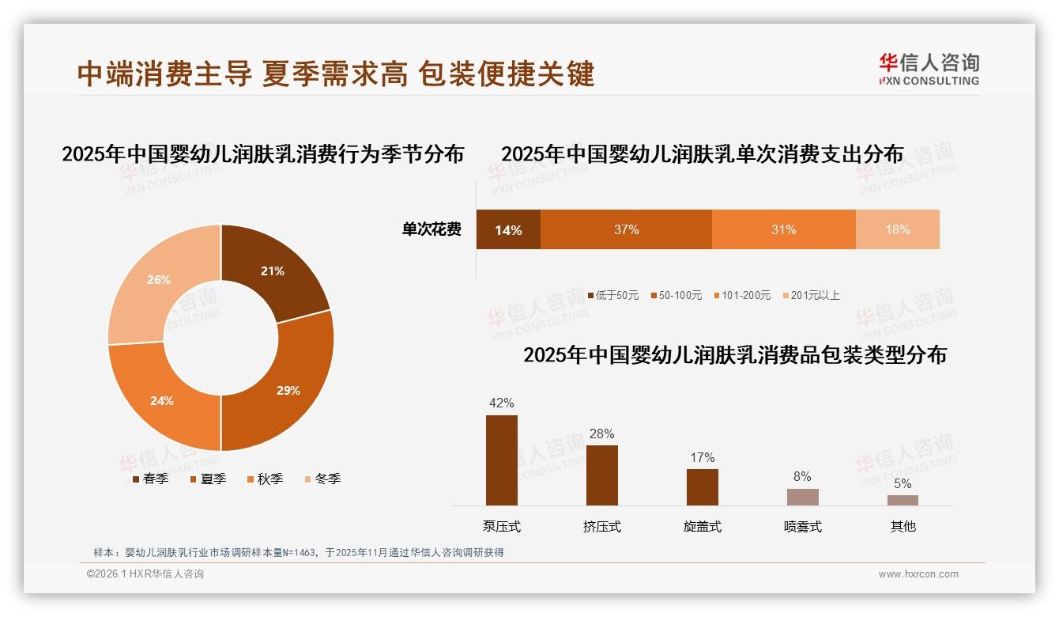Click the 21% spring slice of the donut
tap(273, 271)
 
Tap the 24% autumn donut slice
tap(162, 399)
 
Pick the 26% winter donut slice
tap(159, 279)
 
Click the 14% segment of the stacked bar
tap(508, 229)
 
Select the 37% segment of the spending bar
tap(626, 229)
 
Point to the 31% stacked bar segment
tap(783, 229)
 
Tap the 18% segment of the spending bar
tap(897, 229)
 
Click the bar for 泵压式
tap(502, 460)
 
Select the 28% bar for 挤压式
tap(602, 475)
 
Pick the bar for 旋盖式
tap(703, 487)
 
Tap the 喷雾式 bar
tap(803, 497)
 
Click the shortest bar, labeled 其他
tap(903, 500)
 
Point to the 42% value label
tap(502, 403)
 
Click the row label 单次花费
tap(432, 229)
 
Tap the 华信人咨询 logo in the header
tap(929, 69)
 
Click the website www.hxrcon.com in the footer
tap(918, 574)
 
